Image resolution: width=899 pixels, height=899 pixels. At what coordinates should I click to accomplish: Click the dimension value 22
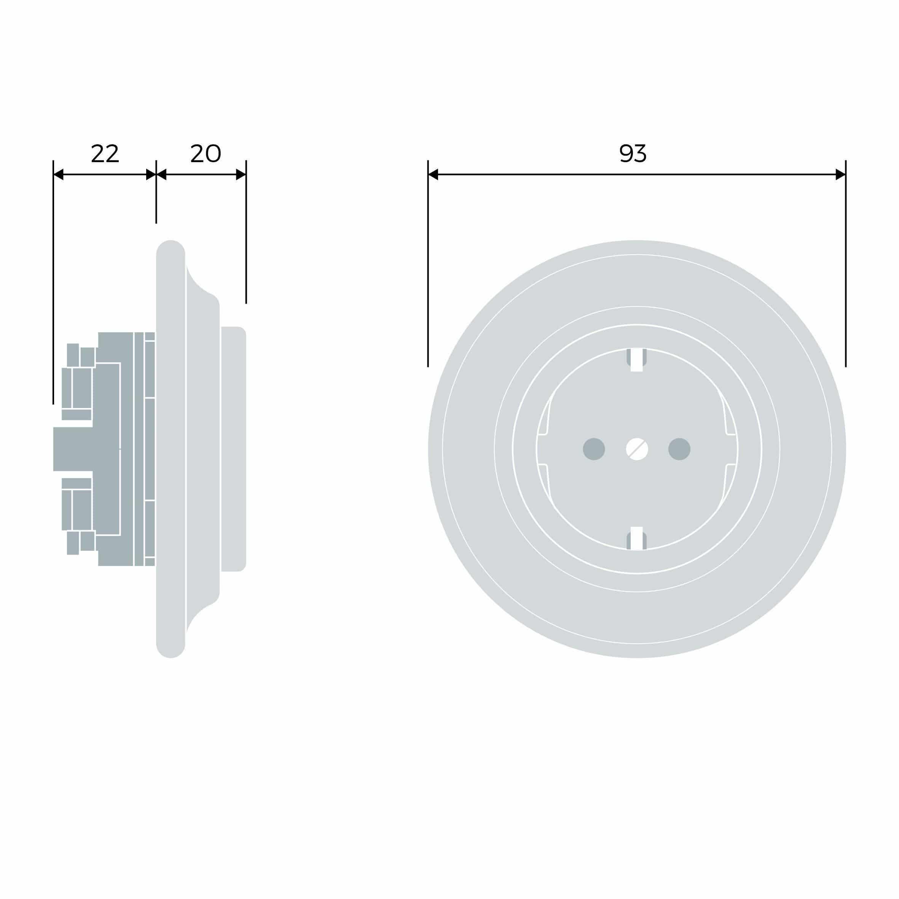(x=105, y=153)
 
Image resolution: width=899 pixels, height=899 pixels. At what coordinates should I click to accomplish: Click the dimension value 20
(x=205, y=153)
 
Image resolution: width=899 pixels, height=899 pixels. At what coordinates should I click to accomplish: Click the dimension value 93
(x=633, y=153)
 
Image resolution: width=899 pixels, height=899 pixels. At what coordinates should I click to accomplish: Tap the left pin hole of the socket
(x=594, y=449)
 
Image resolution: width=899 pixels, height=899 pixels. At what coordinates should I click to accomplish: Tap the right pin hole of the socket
(x=679, y=449)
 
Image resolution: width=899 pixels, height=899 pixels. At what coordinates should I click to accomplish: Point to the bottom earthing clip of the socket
(x=636, y=539)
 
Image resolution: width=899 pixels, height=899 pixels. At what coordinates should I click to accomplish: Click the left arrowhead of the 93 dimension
(x=433, y=174)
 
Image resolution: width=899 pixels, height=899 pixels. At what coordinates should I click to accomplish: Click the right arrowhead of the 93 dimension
(x=840, y=174)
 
